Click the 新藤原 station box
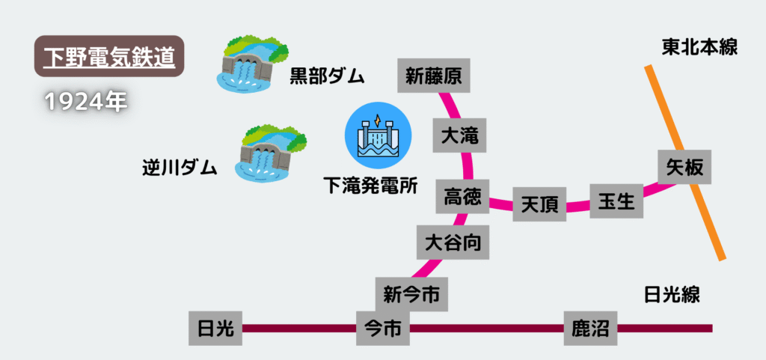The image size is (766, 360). coord(433,76)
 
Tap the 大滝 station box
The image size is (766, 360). coord(460,136)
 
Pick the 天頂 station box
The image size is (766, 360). coord(539,203)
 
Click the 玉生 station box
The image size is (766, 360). coord(616,201)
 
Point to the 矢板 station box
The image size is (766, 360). coord(684,167)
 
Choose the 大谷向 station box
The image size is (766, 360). coord(453,242)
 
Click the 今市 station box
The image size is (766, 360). coord(382,328)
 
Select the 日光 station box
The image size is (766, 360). coord(215,328)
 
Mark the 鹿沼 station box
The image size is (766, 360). coord(590,328)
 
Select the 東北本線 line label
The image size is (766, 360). coord(700,47)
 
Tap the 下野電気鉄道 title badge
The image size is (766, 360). coord(109,56)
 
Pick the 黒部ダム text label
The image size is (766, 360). coord(327,76)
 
